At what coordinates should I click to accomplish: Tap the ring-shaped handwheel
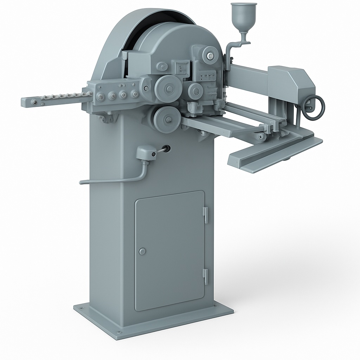point(314,108)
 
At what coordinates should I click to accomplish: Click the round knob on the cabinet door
point(142,251)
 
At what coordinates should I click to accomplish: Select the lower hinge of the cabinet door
point(205,276)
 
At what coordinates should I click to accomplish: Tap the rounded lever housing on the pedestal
point(145,153)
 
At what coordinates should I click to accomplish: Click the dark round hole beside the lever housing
point(166,149)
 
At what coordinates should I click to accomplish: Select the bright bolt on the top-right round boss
point(210,55)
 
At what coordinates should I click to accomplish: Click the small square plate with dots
point(183,67)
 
